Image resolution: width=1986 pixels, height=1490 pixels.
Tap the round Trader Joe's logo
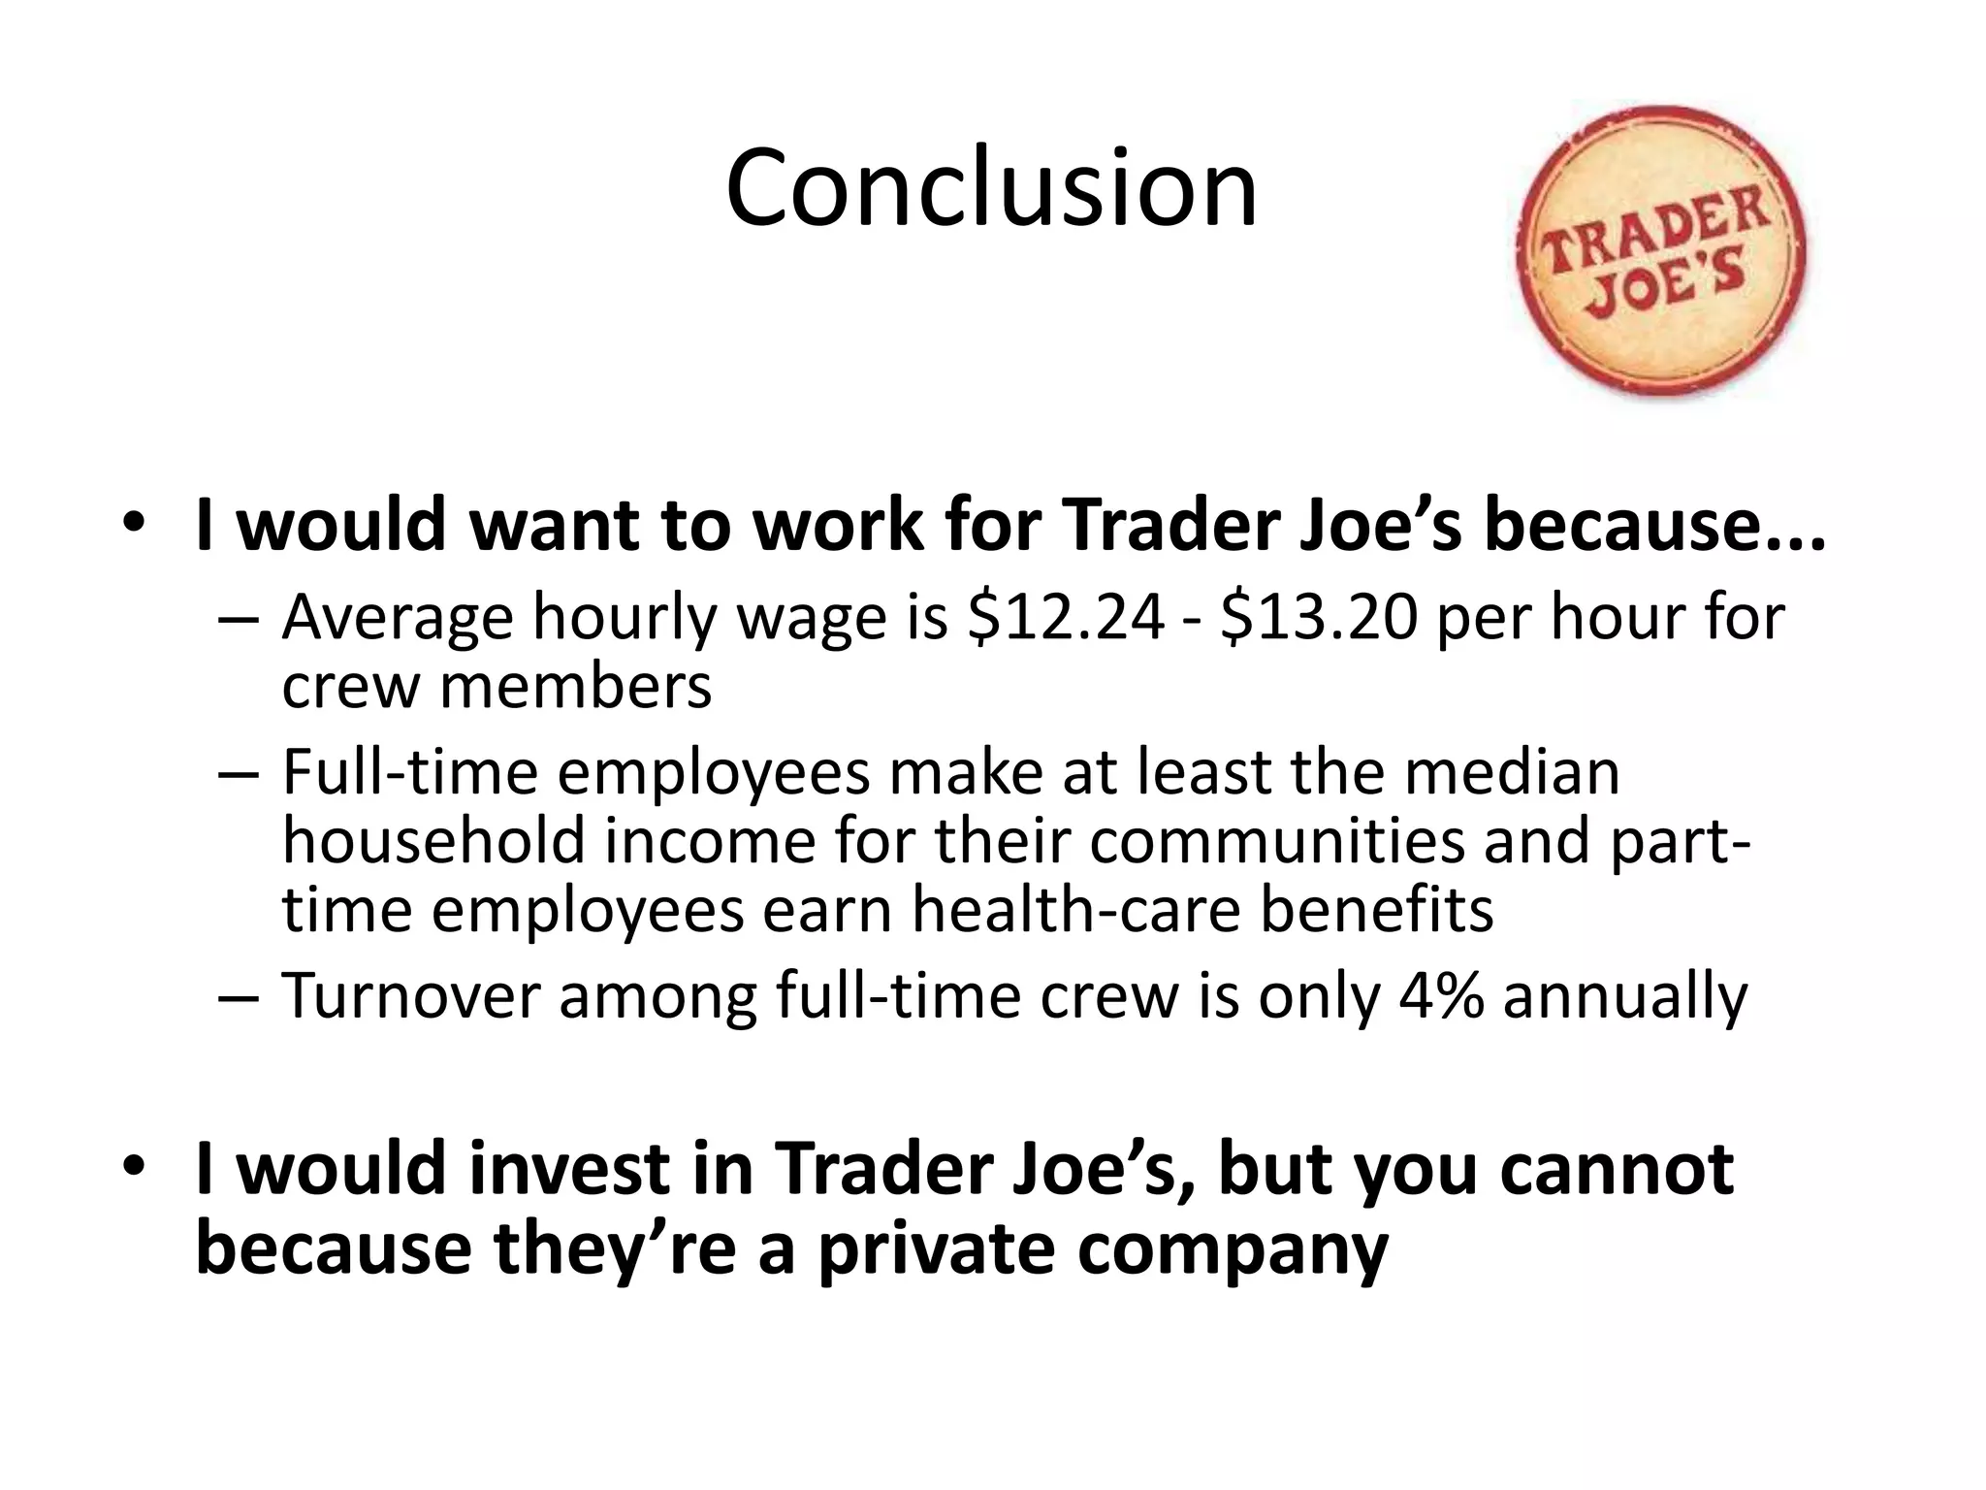pyautogui.click(x=1661, y=251)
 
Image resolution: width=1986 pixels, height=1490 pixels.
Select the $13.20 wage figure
pyautogui.click(x=1319, y=617)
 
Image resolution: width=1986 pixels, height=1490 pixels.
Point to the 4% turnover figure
pyautogui.click(x=1441, y=995)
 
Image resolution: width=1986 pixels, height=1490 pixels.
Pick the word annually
pyautogui.click(x=1625, y=997)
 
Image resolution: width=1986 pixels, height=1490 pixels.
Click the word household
pyautogui.click(x=433, y=840)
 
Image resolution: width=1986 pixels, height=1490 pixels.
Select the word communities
pyautogui.click(x=1276, y=840)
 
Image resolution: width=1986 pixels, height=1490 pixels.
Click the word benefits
pyautogui.click(x=1376, y=910)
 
